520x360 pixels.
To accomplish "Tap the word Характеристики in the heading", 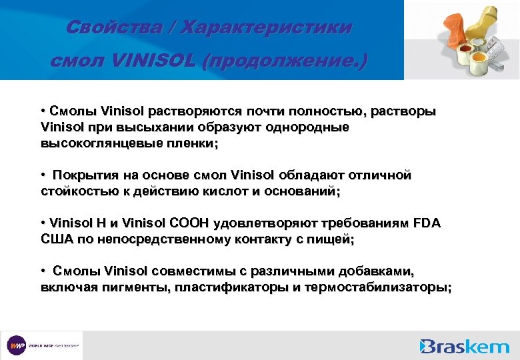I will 267,27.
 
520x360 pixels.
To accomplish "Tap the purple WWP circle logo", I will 16,345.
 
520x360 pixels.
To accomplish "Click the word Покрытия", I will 84,175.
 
